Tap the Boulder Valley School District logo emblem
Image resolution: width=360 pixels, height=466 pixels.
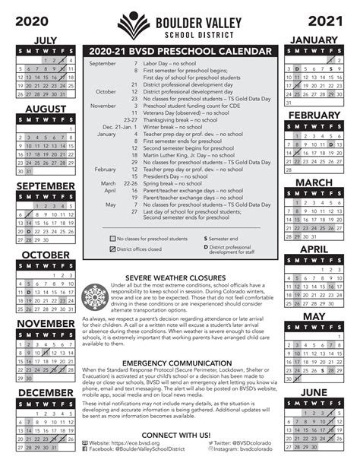[134, 25]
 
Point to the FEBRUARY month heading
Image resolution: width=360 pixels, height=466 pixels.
[314, 115]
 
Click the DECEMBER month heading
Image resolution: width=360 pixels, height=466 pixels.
[46, 392]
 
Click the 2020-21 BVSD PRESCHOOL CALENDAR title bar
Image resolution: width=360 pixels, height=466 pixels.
[180, 51]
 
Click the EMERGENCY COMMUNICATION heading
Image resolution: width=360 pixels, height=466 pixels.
[180, 364]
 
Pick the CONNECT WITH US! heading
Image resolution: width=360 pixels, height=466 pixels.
[180, 434]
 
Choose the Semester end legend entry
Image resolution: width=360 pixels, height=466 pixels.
[223, 239]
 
